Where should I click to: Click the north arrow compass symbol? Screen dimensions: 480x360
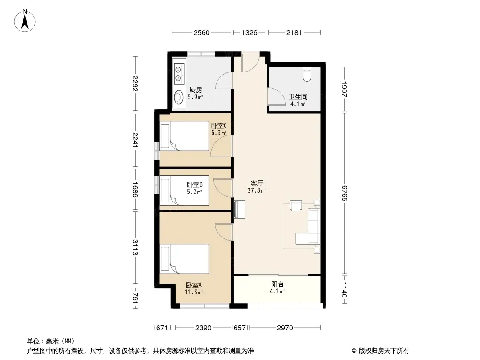click(25, 21)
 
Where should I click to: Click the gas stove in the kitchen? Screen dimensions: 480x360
click(178, 73)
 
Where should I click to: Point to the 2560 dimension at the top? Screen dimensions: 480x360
click(201, 32)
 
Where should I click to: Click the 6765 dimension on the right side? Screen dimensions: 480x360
click(344, 193)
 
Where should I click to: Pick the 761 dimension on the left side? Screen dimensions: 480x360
click(135, 298)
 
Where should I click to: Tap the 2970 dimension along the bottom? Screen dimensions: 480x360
click(285, 328)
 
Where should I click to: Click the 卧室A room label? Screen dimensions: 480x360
click(194, 285)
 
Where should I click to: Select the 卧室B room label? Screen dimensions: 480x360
click(195, 185)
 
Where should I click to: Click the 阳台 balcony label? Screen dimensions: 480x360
click(277, 284)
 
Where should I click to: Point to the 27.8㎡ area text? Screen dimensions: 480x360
click(257, 190)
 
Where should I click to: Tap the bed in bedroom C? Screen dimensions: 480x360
click(185, 136)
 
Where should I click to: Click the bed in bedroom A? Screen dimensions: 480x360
click(185, 259)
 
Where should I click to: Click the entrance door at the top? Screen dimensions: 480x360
click(250, 63)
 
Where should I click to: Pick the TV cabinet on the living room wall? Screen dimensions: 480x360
click(240, 209)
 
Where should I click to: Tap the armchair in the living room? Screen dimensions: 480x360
click(296, 206)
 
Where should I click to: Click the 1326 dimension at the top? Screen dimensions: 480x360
click(249, 32)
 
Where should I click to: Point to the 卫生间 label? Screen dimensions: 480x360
click(298, 97)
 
